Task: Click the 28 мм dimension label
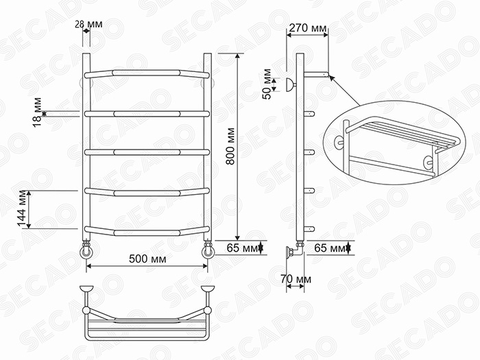tap(88, 24)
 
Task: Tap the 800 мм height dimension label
tap(230, 146)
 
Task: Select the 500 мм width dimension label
tap(147, 259)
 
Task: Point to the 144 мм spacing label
tap(22, 208)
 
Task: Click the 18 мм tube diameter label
tap(37, 112)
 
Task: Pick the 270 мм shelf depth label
tap(308, 28)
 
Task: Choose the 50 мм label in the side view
tap(267, 84)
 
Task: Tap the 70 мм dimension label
tap(296, 279)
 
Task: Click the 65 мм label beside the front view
tap(243, 248)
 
